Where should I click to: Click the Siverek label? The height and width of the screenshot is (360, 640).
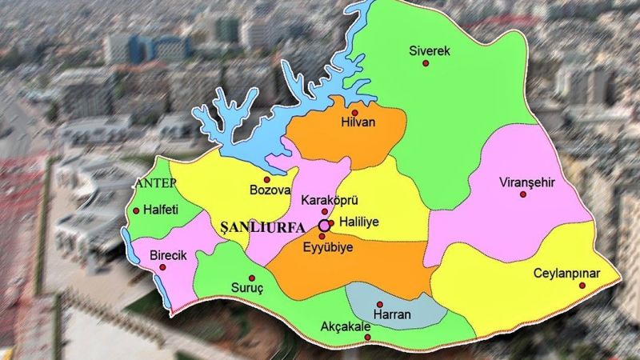click(430, 51)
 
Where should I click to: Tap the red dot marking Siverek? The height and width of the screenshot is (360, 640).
click(426, 62)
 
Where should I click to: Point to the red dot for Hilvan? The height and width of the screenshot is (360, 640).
click(354, 113)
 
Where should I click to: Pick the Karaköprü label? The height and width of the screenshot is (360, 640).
click(326, 198)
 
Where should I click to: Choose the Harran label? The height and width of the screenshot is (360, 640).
click(393, 314)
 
